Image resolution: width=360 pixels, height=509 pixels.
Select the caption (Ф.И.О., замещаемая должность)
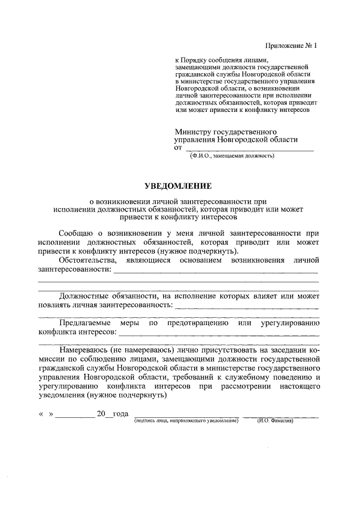(x=232, y=156)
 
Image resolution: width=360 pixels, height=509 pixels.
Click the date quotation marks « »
(x=46, y=414)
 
